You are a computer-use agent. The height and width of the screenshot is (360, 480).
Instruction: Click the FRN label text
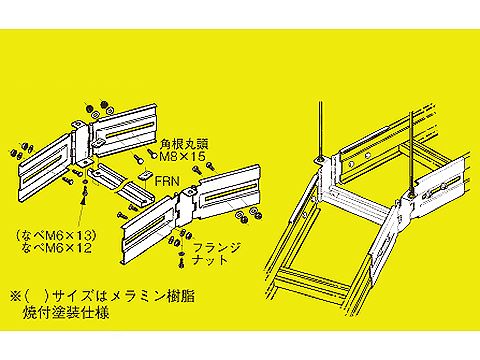tap(167, 181)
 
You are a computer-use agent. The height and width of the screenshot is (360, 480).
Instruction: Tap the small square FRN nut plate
tap(145, 176)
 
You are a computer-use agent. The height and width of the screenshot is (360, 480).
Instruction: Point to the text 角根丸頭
tap(184, 145)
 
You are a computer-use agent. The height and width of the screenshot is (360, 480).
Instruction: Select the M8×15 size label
tap(183, 156)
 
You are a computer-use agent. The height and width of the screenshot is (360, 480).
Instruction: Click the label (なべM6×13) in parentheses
tap(56, 236)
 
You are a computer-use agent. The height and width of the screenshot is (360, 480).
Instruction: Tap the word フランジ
tap(216, 248)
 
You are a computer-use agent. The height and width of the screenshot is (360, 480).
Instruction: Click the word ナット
tap(210, 260)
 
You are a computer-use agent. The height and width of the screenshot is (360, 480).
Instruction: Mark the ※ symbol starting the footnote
tap(15, 296)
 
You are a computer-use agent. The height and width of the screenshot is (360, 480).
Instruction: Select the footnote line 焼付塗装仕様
tap(66, 313)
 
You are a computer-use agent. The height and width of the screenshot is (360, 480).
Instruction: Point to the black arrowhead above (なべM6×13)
tap(84, 200)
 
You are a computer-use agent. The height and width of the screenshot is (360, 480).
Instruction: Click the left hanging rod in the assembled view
tap(320, 130)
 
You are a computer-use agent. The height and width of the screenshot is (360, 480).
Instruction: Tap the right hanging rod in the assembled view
tap(412, 153)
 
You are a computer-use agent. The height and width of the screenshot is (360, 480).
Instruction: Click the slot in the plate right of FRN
tap(228, 192)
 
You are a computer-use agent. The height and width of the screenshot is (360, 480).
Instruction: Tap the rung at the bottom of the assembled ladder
tap(312, 278)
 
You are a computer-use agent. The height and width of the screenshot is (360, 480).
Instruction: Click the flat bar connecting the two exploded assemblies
tap(121, 183)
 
